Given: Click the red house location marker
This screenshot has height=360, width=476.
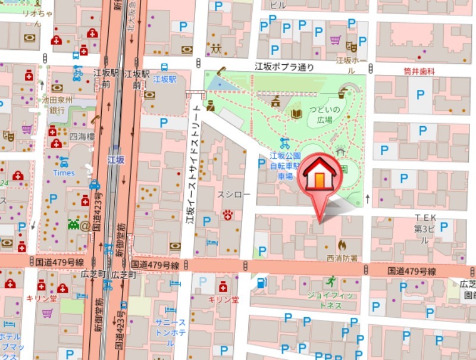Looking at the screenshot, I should [x=320, y=176].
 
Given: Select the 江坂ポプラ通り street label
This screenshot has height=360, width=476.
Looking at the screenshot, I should [x=284, y=67].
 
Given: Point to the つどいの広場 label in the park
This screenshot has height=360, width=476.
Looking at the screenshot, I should [x=324, y=114].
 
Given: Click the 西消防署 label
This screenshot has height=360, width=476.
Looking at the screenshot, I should [x=342, y=258].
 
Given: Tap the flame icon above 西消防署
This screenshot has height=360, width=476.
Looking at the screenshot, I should [x=342, y=245].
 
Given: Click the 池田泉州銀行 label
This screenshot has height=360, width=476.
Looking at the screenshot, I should [x=57, y=105].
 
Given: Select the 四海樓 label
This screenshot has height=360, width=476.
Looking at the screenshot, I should [x=82, y=136].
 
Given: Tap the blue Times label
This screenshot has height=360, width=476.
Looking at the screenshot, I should [x=64, y=173].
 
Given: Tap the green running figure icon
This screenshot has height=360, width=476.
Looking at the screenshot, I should [x=331, y=281].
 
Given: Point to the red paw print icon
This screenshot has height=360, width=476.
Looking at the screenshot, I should [x=227, y=214].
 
